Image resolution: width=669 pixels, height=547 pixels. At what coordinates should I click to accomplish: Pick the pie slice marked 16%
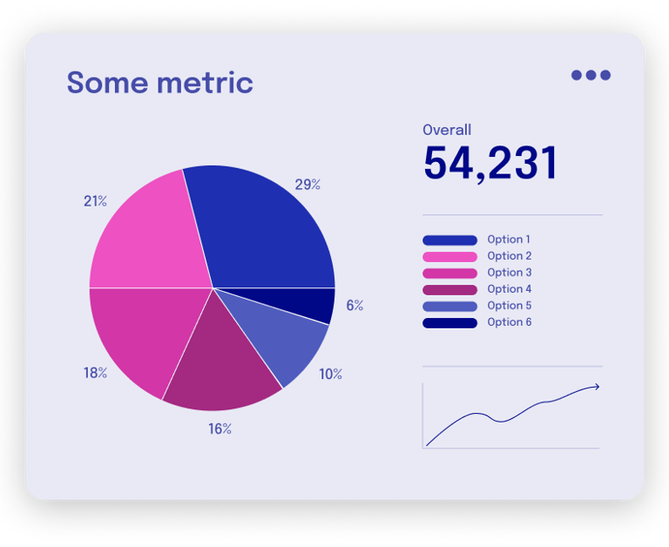(222, 366)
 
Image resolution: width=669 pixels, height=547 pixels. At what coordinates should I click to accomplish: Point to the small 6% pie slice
(318, 305)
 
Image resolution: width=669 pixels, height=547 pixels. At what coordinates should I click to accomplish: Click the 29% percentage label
(307, 185)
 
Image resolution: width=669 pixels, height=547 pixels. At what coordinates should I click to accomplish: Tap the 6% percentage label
(355, 306)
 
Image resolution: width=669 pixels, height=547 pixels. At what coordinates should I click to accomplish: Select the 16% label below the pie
(220, 429)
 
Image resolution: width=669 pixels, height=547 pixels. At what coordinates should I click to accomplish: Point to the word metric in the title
(206, 83)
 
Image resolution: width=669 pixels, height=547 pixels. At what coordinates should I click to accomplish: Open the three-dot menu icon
(591, 75)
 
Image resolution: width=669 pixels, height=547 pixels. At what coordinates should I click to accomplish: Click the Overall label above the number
(447, 130)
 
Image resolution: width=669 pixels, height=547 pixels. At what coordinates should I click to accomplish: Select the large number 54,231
(490, 164)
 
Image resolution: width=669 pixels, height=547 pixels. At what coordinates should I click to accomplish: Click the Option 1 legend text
(509, 240)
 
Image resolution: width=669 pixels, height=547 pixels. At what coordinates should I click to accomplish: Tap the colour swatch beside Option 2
(449, 257)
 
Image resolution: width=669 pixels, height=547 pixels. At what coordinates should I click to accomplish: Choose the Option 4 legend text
(509, 289)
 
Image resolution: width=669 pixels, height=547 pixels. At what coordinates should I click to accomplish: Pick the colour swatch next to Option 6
(449, 323)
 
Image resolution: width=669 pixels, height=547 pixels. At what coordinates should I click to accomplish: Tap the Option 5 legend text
(509, 306)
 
